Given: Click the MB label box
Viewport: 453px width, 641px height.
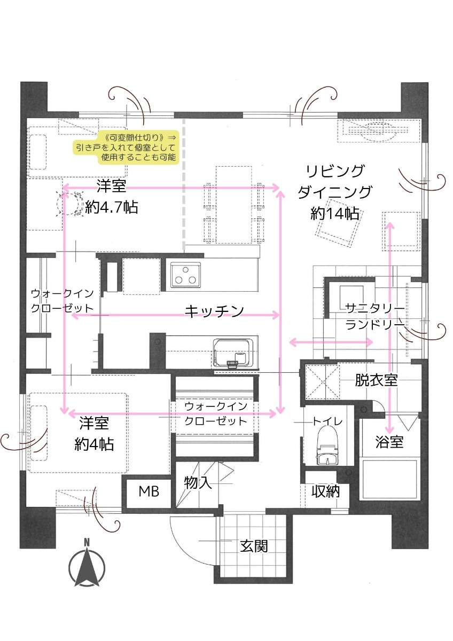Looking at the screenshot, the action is click(x=149, y=491).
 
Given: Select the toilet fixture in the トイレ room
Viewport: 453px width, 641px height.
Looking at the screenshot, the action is click(x=327, y=445).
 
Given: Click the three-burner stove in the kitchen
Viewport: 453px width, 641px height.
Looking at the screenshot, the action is click(x=185, y=275).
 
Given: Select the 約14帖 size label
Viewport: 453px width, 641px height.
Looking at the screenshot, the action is click(x=335, y=213).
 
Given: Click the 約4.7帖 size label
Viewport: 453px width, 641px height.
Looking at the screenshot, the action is click(x=112, y=207).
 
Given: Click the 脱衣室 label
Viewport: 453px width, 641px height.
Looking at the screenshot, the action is click(x=376, y=380).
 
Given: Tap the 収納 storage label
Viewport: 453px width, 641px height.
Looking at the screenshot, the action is click(x=326, y=491).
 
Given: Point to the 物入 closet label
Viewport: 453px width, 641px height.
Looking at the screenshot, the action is click(x=198, y=483).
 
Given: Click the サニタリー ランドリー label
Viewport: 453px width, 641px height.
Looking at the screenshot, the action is click(x=375, y=316).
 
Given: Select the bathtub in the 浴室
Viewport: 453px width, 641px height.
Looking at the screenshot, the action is click(x=389, y=479).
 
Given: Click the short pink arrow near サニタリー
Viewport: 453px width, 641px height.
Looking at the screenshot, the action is click(x=331, y=342).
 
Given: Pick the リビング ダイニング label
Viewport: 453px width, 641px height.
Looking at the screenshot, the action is click(x=335, y=182).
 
